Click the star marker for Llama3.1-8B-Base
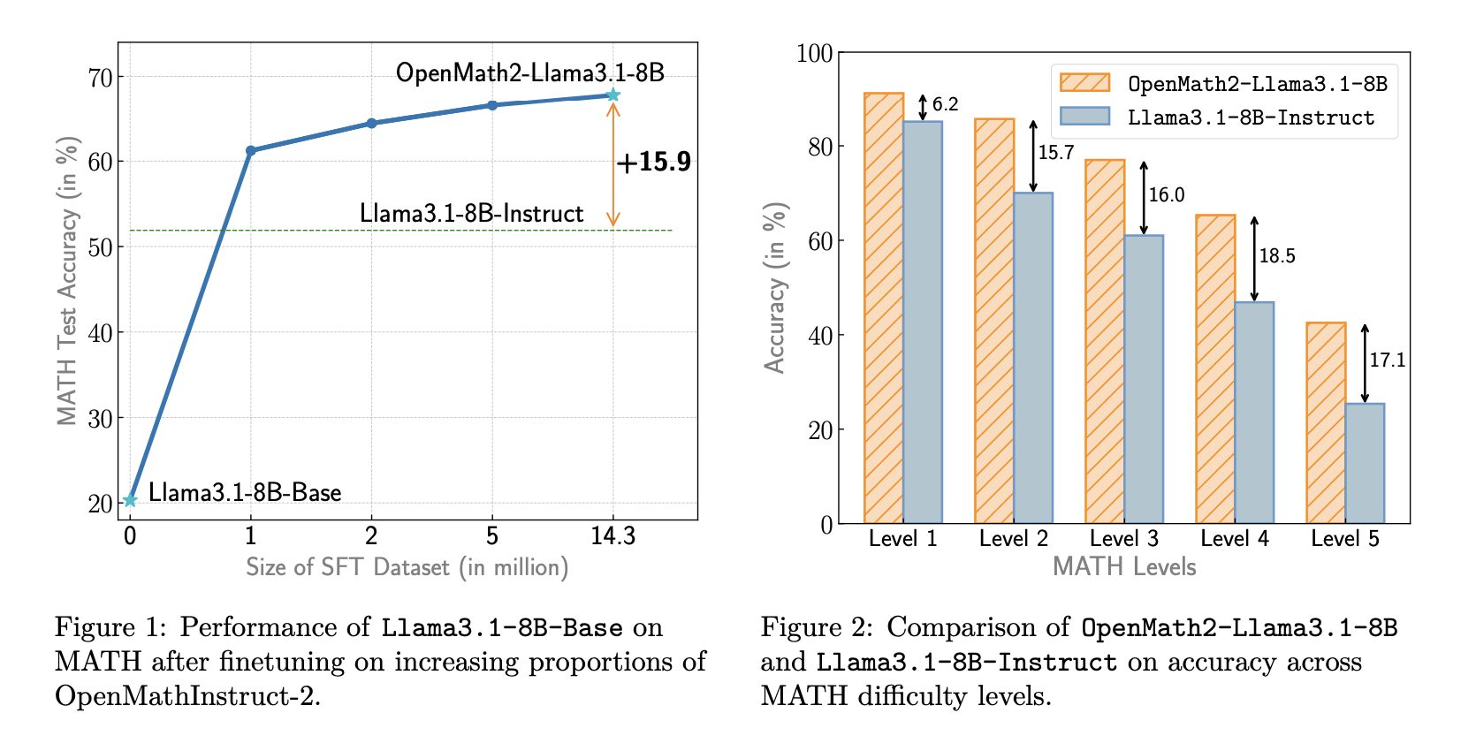coord(130,500)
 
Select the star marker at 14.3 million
coord(612,95)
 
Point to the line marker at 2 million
coord(371,123)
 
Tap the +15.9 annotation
coord(653,162)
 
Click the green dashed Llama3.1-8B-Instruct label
coord(471,214)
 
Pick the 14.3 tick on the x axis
coord(612,536)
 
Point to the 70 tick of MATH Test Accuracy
coord(100,78)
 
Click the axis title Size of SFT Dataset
coord(407,567)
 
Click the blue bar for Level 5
coord(1365,463)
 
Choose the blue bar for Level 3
coord(1144,379)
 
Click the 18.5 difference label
coord(1277,256)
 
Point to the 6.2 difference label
coord(945,104)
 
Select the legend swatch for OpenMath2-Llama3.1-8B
coord(1084,83)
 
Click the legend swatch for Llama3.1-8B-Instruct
coord(1084,117)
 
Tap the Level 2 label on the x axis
coord(1013,539)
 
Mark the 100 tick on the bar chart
coord(814,54)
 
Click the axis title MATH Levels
coord(1123,567)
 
